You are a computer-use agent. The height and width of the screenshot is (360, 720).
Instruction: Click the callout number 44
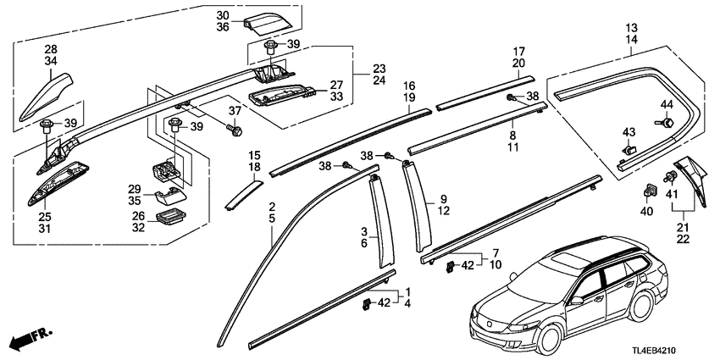coord(666,105)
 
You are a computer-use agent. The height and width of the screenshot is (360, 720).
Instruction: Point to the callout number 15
coord(255,154)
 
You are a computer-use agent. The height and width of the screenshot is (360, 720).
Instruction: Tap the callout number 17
coord(518,50)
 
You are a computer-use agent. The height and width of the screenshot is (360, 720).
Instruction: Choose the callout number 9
coord(441,202)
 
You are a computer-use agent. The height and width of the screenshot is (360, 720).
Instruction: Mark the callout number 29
coord(134,188)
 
